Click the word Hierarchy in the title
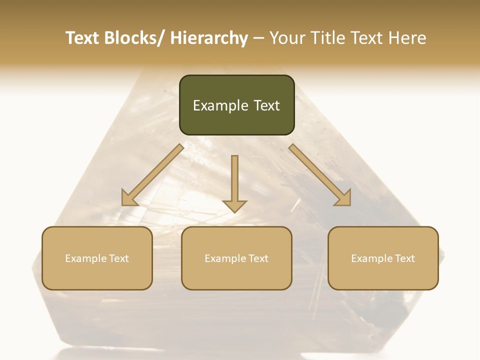pos(208,38)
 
